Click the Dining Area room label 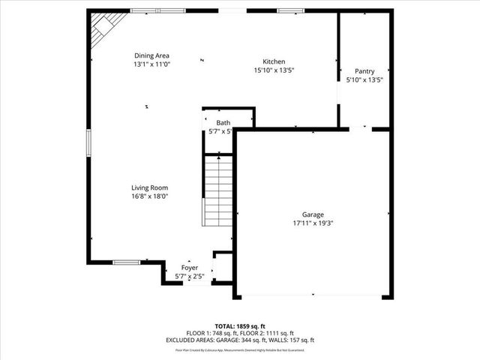151,55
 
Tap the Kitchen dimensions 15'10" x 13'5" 274,70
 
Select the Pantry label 364,70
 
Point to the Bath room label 223,122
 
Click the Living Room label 150,187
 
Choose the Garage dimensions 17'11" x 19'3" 313,223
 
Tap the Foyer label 190,267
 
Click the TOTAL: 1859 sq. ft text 239,327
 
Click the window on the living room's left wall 88,143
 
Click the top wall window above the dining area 145,10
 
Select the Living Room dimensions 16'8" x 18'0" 150,196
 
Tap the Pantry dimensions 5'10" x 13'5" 364,79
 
